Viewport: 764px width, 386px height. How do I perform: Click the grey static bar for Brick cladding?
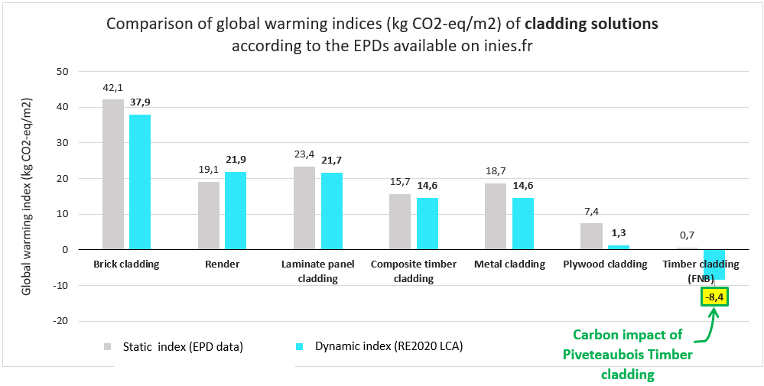[112, 174]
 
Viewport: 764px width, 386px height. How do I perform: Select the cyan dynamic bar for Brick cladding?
[140, 182]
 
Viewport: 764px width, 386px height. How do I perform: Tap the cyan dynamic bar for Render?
[236, 210]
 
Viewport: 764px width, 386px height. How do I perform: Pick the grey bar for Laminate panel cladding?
[304, 208]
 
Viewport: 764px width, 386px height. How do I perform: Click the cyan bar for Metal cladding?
[522, 223]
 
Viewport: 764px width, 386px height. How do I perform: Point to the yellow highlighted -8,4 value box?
[715, 296]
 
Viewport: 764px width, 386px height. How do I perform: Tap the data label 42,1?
[113, 87]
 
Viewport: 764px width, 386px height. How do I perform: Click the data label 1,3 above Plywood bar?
[618, 232]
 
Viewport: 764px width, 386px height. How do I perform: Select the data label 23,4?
[304, 154]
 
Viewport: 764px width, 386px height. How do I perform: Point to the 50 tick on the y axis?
[62, 72]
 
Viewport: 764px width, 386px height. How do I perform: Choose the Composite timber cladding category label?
[414, 271]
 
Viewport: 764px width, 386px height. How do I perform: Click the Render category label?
[223, 264]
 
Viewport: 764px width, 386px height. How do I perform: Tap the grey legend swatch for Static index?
[109, 347]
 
